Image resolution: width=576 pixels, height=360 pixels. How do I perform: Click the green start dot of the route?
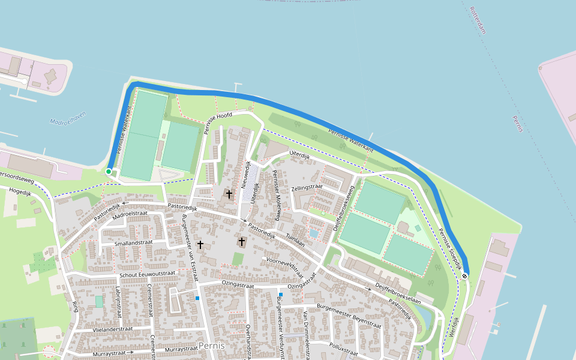coord(109,172)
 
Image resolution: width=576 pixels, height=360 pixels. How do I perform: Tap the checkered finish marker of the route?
coord(465,275)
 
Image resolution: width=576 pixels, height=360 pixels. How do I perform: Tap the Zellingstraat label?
coord(307,187)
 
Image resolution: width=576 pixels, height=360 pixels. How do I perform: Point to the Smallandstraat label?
coord(134,243)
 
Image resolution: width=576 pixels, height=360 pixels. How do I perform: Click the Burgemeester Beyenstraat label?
coord(349,315)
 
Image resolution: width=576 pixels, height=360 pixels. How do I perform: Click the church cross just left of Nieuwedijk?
coord(229,194)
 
